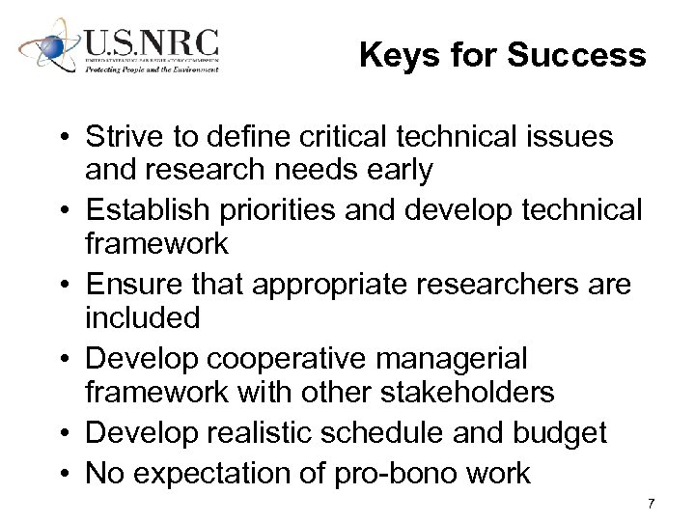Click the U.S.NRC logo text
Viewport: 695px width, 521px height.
tap(151, 43)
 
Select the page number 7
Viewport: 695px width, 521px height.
tap(652, 504)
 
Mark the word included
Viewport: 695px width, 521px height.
tap(142, 317)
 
